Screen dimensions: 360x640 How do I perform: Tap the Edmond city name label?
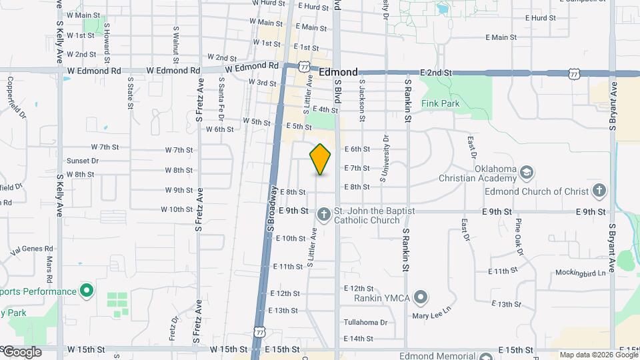coord(338,72)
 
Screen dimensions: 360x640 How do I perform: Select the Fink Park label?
coord(441,104)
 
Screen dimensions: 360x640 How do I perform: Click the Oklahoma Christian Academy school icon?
coord(527,171)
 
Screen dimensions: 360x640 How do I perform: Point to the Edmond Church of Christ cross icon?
coord(599,191)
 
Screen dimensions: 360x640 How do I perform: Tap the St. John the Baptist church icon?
coord(323,214)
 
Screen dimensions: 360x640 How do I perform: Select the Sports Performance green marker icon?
coord(86,291)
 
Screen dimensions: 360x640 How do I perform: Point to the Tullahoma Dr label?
coord(365,323)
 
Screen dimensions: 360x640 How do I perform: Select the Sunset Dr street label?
coord(83,161)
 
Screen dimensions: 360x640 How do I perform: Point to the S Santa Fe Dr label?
coord(221,97)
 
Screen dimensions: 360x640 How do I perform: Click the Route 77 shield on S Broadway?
coord(260,331)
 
